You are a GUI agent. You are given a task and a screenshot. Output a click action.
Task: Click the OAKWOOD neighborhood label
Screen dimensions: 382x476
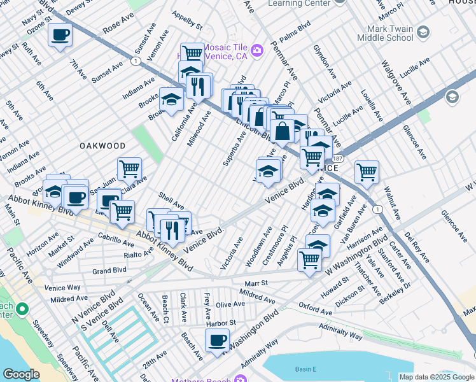pos(102,146)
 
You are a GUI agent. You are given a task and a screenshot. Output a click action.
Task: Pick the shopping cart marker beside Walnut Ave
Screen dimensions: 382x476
pos(367,171)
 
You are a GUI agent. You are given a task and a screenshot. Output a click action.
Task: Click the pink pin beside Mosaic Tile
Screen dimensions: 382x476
pos(257,50)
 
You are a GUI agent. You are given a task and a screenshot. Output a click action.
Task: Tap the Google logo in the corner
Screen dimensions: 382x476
pos(21,374)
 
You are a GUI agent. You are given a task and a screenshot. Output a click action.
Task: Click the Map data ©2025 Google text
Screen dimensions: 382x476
pos(436,377)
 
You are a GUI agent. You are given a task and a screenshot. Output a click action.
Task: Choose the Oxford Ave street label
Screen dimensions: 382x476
pos(316,309)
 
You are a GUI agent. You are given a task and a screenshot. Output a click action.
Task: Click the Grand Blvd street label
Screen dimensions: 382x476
pos(109,271)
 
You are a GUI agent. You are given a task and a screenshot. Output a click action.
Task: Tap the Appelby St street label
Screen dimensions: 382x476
pos(186,22)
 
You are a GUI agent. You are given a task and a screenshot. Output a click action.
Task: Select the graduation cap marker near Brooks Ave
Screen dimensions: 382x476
pos(171,99)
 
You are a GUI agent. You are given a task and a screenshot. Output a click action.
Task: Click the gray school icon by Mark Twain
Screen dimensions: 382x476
pos(452,97)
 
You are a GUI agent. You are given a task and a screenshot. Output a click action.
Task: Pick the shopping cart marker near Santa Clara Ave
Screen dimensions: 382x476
pos(129,169)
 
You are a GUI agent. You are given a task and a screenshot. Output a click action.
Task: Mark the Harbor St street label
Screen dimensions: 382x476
pos(221,323)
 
